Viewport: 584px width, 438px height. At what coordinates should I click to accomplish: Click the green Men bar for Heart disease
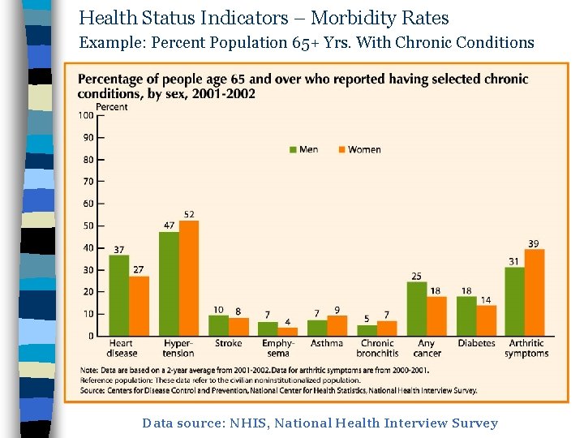119,295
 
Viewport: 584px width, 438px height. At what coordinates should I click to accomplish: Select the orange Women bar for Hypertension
189,278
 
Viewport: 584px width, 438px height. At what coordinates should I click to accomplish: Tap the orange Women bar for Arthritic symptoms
535,293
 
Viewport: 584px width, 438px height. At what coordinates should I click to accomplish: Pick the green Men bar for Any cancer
417,308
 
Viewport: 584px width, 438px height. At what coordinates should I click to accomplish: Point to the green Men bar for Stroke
218,325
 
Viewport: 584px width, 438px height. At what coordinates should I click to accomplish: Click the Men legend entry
304,149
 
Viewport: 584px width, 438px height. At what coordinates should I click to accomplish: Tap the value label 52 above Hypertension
189,214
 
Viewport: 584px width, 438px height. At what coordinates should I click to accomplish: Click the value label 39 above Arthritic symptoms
534,243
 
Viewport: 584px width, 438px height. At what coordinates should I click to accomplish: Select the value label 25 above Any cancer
416,276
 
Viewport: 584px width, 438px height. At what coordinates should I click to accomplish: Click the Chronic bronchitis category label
377,348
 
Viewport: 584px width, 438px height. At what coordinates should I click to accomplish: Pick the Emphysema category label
277,348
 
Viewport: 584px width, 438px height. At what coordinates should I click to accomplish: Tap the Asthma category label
327,343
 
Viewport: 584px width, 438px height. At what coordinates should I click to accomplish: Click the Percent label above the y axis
112,106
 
